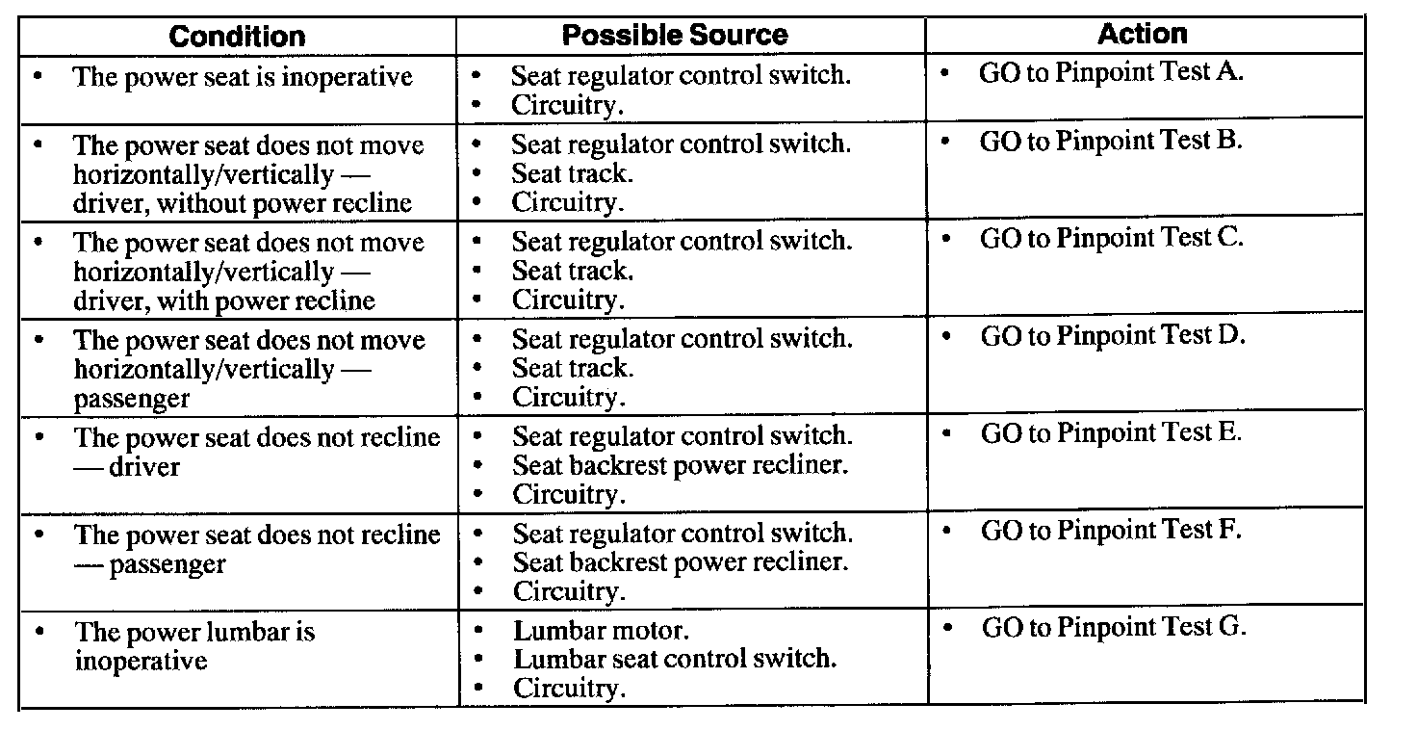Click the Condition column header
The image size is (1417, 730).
237,37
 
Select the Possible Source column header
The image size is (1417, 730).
675,36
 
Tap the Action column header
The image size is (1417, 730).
1143,34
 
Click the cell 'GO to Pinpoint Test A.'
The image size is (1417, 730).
1111,73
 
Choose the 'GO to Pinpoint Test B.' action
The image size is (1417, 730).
1111,142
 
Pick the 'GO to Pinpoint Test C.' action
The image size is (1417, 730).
1112,238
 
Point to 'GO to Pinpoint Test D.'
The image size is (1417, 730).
1113,336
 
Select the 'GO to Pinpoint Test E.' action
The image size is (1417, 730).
1112,433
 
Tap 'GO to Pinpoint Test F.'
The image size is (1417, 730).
1112,531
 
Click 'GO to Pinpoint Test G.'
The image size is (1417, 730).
1114,628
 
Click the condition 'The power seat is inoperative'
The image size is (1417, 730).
243,77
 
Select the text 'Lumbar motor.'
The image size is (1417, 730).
601,632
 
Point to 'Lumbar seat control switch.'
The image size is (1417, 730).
675,660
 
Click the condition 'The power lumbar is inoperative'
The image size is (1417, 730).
194,646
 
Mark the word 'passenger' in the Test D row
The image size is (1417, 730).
132,399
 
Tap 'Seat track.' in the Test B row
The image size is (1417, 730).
572,173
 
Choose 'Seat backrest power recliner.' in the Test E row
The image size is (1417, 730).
680,465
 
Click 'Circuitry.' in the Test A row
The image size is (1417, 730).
567,104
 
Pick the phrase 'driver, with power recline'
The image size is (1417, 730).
224,300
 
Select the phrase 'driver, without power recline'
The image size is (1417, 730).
243,203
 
